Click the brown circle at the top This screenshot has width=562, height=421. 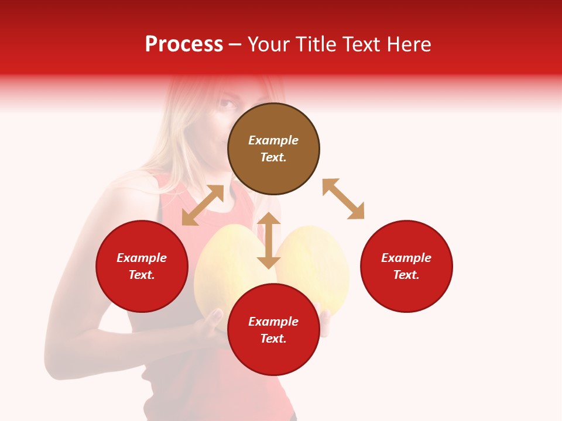(x=273, y=149)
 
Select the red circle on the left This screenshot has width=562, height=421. (x=142, y=266)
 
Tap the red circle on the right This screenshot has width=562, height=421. (x=406, y=266)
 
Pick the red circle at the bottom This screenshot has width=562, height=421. (x=273, y=330)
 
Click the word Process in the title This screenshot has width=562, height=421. (x=184, y=44)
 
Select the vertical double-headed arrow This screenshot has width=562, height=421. (x=269, y=240)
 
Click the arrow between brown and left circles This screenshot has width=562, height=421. (x=203, y=205)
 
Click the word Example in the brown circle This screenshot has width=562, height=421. (x=273, y=140)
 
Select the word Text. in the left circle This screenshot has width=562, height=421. (x=142, y=275)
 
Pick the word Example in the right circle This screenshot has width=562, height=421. (x=406, y=258)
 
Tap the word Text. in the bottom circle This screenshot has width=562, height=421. (x=273, y=339)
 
